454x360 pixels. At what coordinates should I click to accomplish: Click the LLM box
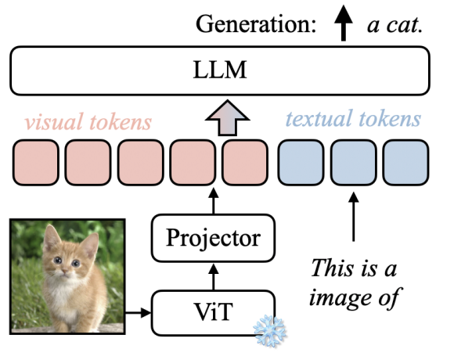coord(220,71)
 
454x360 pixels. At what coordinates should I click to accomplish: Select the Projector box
coord(214,235)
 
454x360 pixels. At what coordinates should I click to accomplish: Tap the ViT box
coord(214,314)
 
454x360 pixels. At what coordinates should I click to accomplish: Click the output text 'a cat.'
coord(395,24)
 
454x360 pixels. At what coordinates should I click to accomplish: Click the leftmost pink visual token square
coord(34,162)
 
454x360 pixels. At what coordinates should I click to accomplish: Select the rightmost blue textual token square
coord(405,162)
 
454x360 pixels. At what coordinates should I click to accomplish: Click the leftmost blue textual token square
coord(299,162)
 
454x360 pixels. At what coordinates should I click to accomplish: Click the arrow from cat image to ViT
coord(139,314)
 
